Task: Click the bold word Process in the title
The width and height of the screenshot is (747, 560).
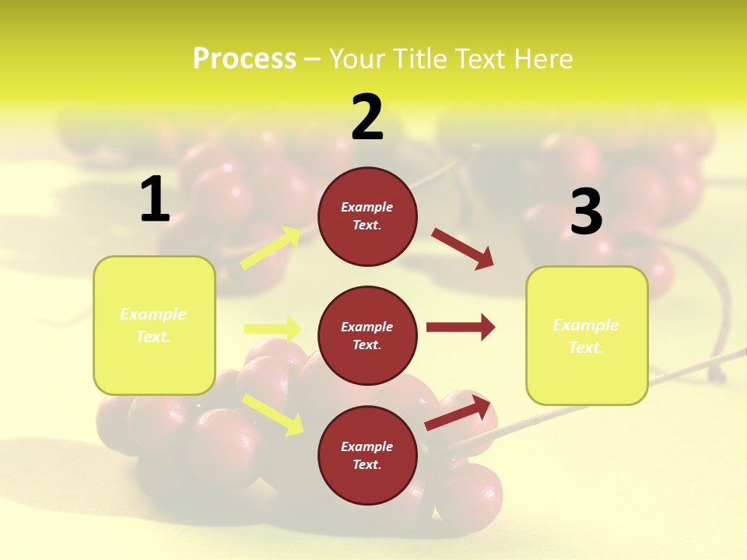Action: click(x=244, y=59)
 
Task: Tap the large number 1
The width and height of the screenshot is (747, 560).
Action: click(x=155, y=199)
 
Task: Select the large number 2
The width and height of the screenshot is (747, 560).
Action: click(x=367, y=117)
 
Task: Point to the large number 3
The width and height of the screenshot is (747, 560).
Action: click(x=587, y=212)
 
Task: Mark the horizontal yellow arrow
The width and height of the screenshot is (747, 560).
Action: click(x=272, y=329)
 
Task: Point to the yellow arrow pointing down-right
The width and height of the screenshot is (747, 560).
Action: click(x=272, y=414)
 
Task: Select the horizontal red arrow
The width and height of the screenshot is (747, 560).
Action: click(x=460, y=327)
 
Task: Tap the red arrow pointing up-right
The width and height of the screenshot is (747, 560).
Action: click(x=458, y=413)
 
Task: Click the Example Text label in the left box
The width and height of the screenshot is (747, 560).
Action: click(x=153, y=325)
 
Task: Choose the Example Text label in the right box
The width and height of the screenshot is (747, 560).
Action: click(x=586, y=336)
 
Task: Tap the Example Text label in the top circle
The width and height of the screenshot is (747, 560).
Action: click(x=367, y=215)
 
